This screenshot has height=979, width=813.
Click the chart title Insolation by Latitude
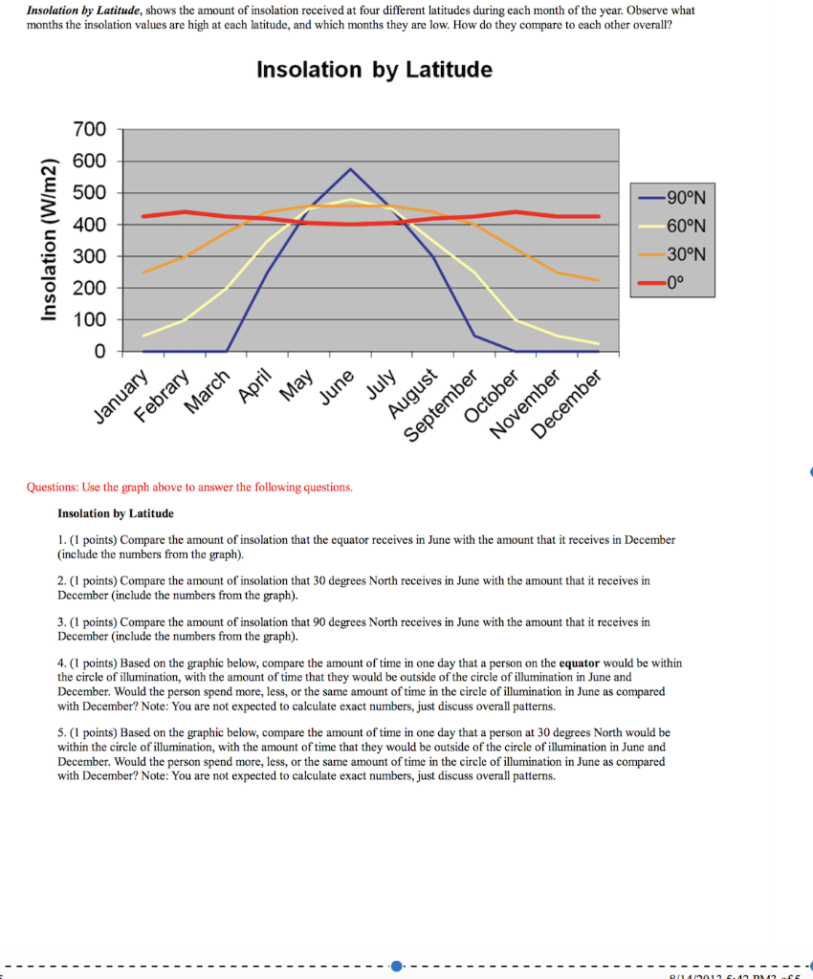374,70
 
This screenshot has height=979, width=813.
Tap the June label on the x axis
337,386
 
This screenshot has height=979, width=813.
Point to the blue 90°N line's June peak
350,169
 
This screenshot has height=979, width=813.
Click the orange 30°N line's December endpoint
599,280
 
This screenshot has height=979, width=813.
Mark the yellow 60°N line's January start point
143,336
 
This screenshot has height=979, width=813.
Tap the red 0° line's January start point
143,216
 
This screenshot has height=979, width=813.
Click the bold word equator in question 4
580,663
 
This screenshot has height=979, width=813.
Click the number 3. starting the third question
62,621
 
